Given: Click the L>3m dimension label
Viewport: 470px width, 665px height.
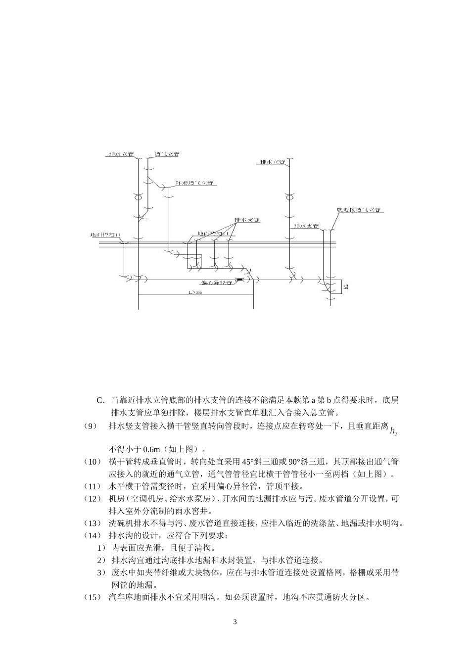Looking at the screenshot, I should pos(195,292).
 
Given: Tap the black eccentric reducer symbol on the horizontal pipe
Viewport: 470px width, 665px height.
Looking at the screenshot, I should pos(240,281).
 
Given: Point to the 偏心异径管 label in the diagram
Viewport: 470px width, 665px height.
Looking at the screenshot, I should pos(217,284).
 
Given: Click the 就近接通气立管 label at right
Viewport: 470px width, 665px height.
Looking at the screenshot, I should pos(358,210).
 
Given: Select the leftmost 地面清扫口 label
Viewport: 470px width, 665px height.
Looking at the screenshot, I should pos(105,235).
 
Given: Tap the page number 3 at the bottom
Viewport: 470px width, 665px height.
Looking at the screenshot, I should pos(235,621).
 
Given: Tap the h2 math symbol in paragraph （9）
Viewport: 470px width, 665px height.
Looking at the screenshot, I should pos(393,431).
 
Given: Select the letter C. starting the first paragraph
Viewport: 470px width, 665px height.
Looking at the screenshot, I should pos(101,400).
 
